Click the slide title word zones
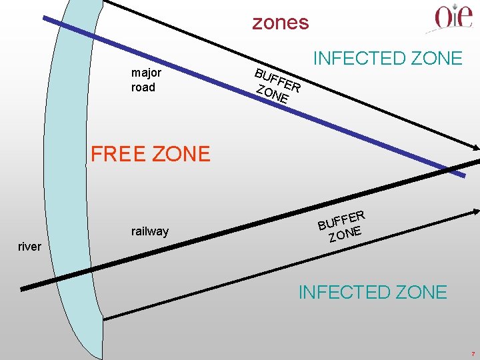[x=280, y=23]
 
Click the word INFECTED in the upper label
[x=360, y=59]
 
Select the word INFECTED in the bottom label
[x=345, y=292]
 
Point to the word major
[x=146, y=73]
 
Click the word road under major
[x=143, y=87]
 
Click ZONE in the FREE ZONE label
[x=181, y=154]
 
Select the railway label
[x=150, y=231]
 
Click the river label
[x=29, y=247]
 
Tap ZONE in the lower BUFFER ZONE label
[x=345, y=233]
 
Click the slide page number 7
[x=472, y=353]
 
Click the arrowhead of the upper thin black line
[x=475, y=149]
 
